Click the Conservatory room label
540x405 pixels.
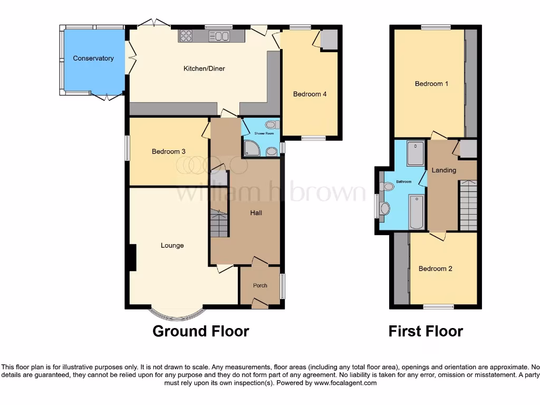tap(93, 59)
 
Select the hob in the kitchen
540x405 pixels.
tap(187, 36)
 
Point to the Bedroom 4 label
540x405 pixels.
tap(310, 94)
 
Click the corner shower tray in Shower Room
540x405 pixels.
tap(252, 150)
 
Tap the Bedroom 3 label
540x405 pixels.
tap(168, 152)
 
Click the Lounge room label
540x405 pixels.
tap(172, 246)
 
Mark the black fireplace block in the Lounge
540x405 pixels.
tap(132, 257)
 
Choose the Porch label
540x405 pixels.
tap(260, 286)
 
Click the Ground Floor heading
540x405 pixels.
tap(200, 331)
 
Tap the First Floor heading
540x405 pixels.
tap(426, 331)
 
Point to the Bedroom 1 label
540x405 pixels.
tap(431, 84)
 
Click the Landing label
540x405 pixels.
tap(443, 170)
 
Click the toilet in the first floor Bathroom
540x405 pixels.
tap(388, 186)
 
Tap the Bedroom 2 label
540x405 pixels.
tap(435, 269)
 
